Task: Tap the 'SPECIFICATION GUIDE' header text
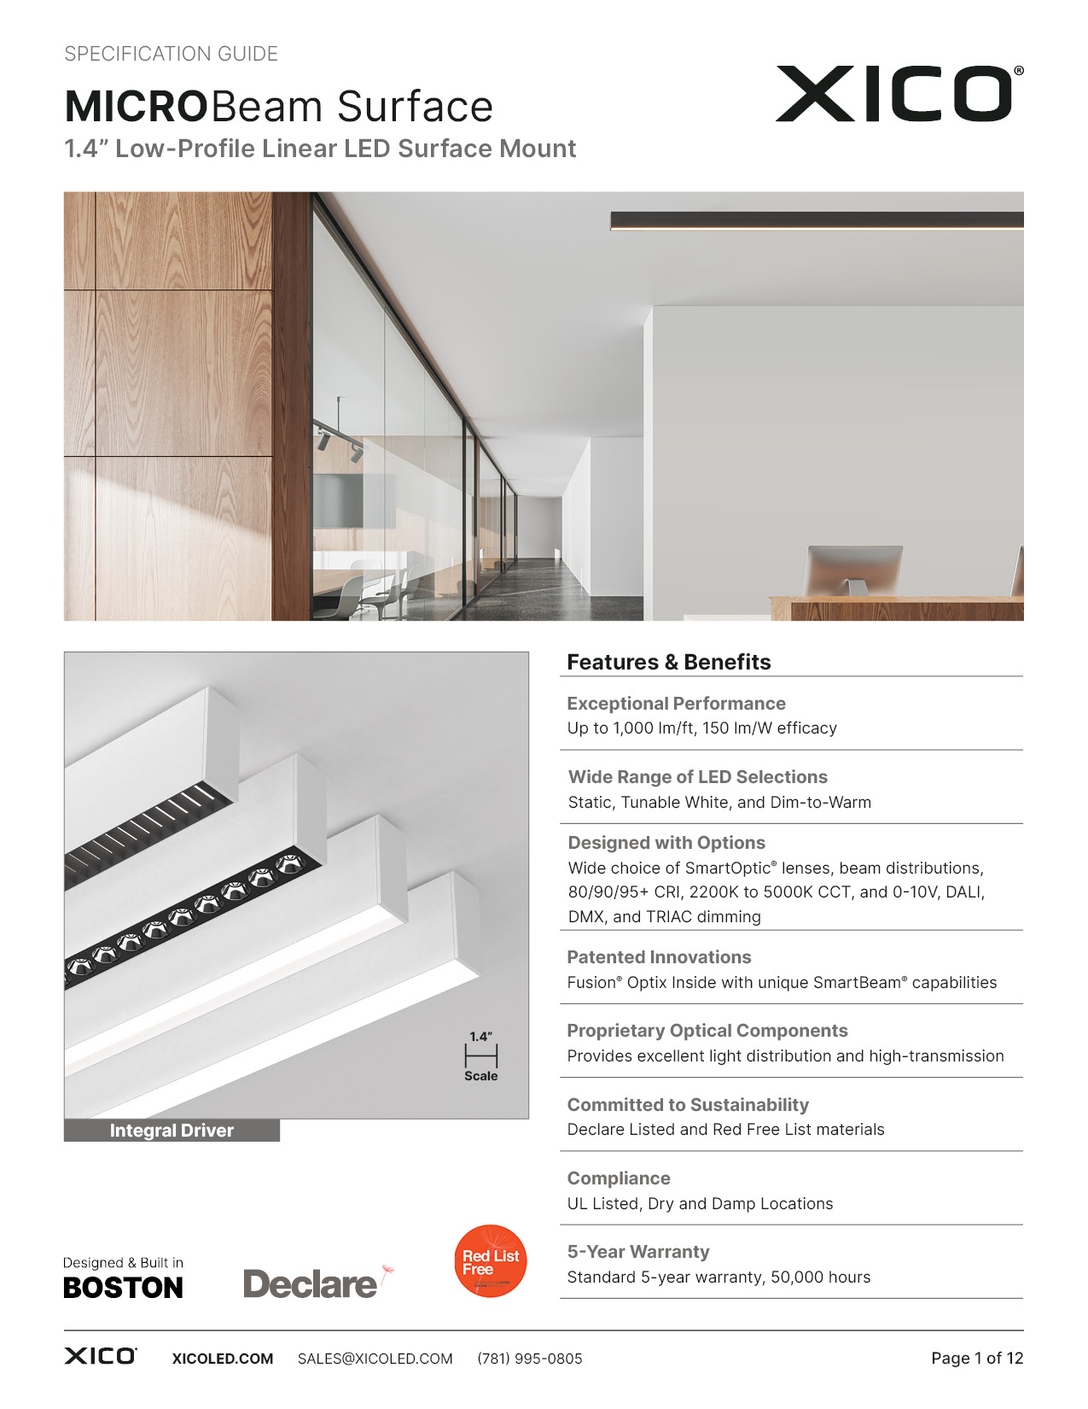coord(171,54)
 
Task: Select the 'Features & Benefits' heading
coord(668,662)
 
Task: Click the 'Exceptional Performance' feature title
coord(676,704)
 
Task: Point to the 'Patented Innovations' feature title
coord(659,957)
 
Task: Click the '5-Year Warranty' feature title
coord(638,1252)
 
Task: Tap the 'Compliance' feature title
coord(619,1178)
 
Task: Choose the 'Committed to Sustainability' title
coord(688,1105)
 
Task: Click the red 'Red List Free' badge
coord(490,1261)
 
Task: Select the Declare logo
coord(311,1283)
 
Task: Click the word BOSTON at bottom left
coord(123,1288)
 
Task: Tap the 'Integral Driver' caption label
coord(172,1131)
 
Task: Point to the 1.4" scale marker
coord(480,1055)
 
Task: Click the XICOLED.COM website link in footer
coord(223,1359)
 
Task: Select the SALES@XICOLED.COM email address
coord(375,1359)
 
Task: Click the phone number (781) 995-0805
coord(530,1359)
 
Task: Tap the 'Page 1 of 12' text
coord(976,1359)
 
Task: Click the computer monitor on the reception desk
coord(853,568)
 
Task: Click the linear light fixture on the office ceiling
coord(816,221)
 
